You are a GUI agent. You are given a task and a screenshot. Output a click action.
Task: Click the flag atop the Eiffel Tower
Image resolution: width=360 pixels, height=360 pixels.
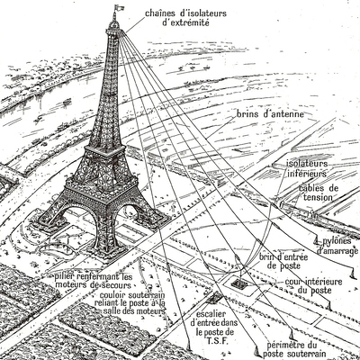pyautogui.click(x=116, y=6)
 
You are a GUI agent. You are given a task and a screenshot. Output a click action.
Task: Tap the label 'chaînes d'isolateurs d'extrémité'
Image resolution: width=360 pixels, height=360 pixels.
pyautogui.click(x=186, y=18)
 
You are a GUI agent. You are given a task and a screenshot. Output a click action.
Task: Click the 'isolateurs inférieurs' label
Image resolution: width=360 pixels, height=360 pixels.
pyautogui.click(x=307, y=169)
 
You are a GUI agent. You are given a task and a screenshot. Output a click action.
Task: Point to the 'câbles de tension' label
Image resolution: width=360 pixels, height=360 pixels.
pyautogui.click(x=318, y=193)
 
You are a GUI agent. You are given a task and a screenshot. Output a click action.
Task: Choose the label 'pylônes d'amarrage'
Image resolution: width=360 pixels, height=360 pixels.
pyautogui.click(x=338, y=246)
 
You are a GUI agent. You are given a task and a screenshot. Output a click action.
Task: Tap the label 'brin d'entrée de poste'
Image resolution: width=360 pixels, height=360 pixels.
pyautogui.click(x=283, y=261)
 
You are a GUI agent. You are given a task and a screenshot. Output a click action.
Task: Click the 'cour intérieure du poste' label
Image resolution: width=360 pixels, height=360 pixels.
pyautogui.click(x=313, y=286)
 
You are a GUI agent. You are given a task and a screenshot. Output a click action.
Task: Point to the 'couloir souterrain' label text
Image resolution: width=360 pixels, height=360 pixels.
pyautogui.click(x=132, y=294)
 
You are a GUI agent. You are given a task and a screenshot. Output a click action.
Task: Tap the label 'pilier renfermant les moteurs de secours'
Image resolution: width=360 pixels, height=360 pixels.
pyautogui.click(x=94, y=281)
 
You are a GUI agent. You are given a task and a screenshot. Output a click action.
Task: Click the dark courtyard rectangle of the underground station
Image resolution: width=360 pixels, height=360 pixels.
pyautogui.click(x=239, y=283)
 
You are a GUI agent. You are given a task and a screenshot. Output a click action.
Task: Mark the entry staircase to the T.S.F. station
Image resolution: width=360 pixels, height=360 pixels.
pyautogui.click(x=214, y=297)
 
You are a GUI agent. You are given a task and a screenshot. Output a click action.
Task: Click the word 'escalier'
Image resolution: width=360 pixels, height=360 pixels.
pyautogui.click(x=211, y=314)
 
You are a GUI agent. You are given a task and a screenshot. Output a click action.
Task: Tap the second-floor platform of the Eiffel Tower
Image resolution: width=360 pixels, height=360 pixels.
pyautogui.click(x=104, y=150)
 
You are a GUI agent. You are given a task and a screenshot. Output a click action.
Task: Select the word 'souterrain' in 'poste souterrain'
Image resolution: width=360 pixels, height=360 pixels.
pyautogui.click(x=310, y=354)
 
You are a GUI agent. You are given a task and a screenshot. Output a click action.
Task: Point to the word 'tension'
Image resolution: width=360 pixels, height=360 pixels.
pyautogui.click(x=318, y=197)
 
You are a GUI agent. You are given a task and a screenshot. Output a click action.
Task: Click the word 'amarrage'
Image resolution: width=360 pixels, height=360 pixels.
pyautogui.click(x=338, y=251)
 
